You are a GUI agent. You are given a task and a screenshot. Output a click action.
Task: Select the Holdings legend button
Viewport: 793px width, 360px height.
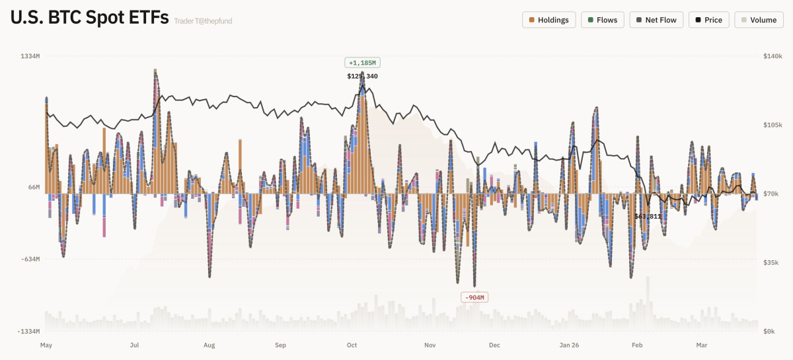(548, 20)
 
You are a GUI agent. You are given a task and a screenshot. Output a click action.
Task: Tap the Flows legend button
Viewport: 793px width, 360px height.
(601, 20)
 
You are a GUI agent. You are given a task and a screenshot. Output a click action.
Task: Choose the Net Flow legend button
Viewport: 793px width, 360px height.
(656, 20)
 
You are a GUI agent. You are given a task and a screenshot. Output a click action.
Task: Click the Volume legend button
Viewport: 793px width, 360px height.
(758, 20)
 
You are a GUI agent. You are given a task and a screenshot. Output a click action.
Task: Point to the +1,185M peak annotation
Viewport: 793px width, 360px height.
(362, 63)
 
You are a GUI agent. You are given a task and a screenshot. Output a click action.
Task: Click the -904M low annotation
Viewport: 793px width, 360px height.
(474, 297)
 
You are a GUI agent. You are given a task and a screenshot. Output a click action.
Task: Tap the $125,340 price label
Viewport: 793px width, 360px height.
(362, 76)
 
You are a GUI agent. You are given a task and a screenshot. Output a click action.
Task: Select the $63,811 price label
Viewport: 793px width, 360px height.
(648, 216)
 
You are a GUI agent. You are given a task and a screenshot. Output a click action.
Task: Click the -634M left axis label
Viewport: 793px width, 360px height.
(30, 259)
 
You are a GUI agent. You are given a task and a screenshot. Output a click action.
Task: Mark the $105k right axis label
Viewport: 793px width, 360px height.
(772, 125)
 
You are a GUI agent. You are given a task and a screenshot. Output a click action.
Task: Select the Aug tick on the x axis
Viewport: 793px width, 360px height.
(209, 345)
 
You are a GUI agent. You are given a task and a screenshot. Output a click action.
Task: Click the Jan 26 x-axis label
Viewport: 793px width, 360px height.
(569, 345)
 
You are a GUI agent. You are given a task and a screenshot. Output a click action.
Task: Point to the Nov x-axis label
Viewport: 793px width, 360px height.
(430, 345)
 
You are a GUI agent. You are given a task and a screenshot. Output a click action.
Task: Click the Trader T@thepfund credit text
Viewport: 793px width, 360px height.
(203, 21)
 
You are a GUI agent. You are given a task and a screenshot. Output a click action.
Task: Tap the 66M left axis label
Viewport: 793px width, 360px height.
(34, 188)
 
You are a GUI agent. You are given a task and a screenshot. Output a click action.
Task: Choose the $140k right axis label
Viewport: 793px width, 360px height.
(772, 57)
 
